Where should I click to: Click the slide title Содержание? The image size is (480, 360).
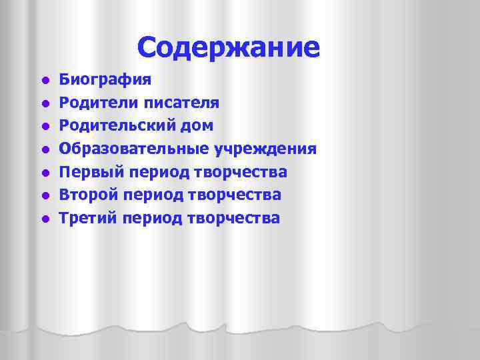pos(229,47)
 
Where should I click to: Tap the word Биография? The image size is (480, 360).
pos(105,81)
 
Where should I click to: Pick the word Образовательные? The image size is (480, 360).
pos(129,149)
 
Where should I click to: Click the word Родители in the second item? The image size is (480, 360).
pos(99,103)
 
